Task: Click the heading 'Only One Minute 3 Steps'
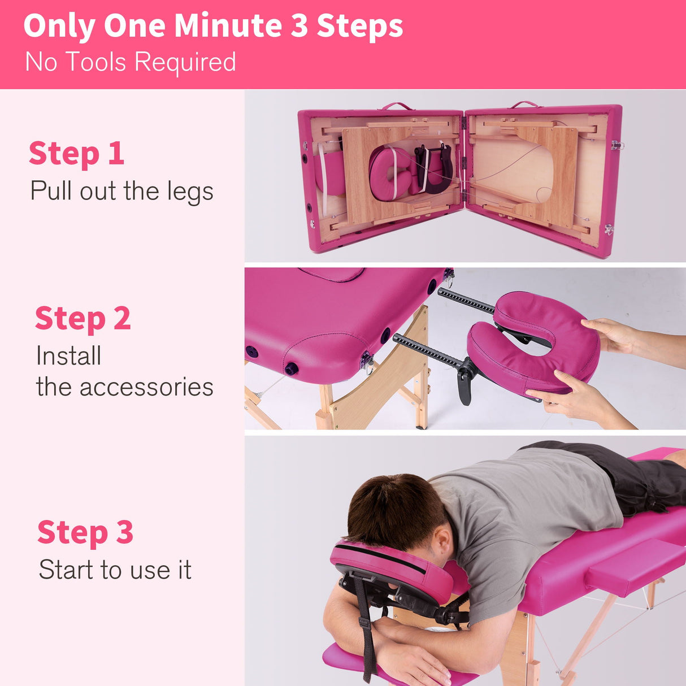(213, 26)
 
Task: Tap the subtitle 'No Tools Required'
(131, 62)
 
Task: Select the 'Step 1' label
(76, 154)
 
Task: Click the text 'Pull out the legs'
(121, 192)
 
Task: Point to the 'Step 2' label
(83, 319)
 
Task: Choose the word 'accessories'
(146, 388)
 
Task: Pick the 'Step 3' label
(85, 532)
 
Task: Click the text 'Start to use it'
(115, 570)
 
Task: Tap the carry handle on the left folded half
(397, 106)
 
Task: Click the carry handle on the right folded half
(526, 105)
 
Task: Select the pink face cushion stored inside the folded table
(390, 172)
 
